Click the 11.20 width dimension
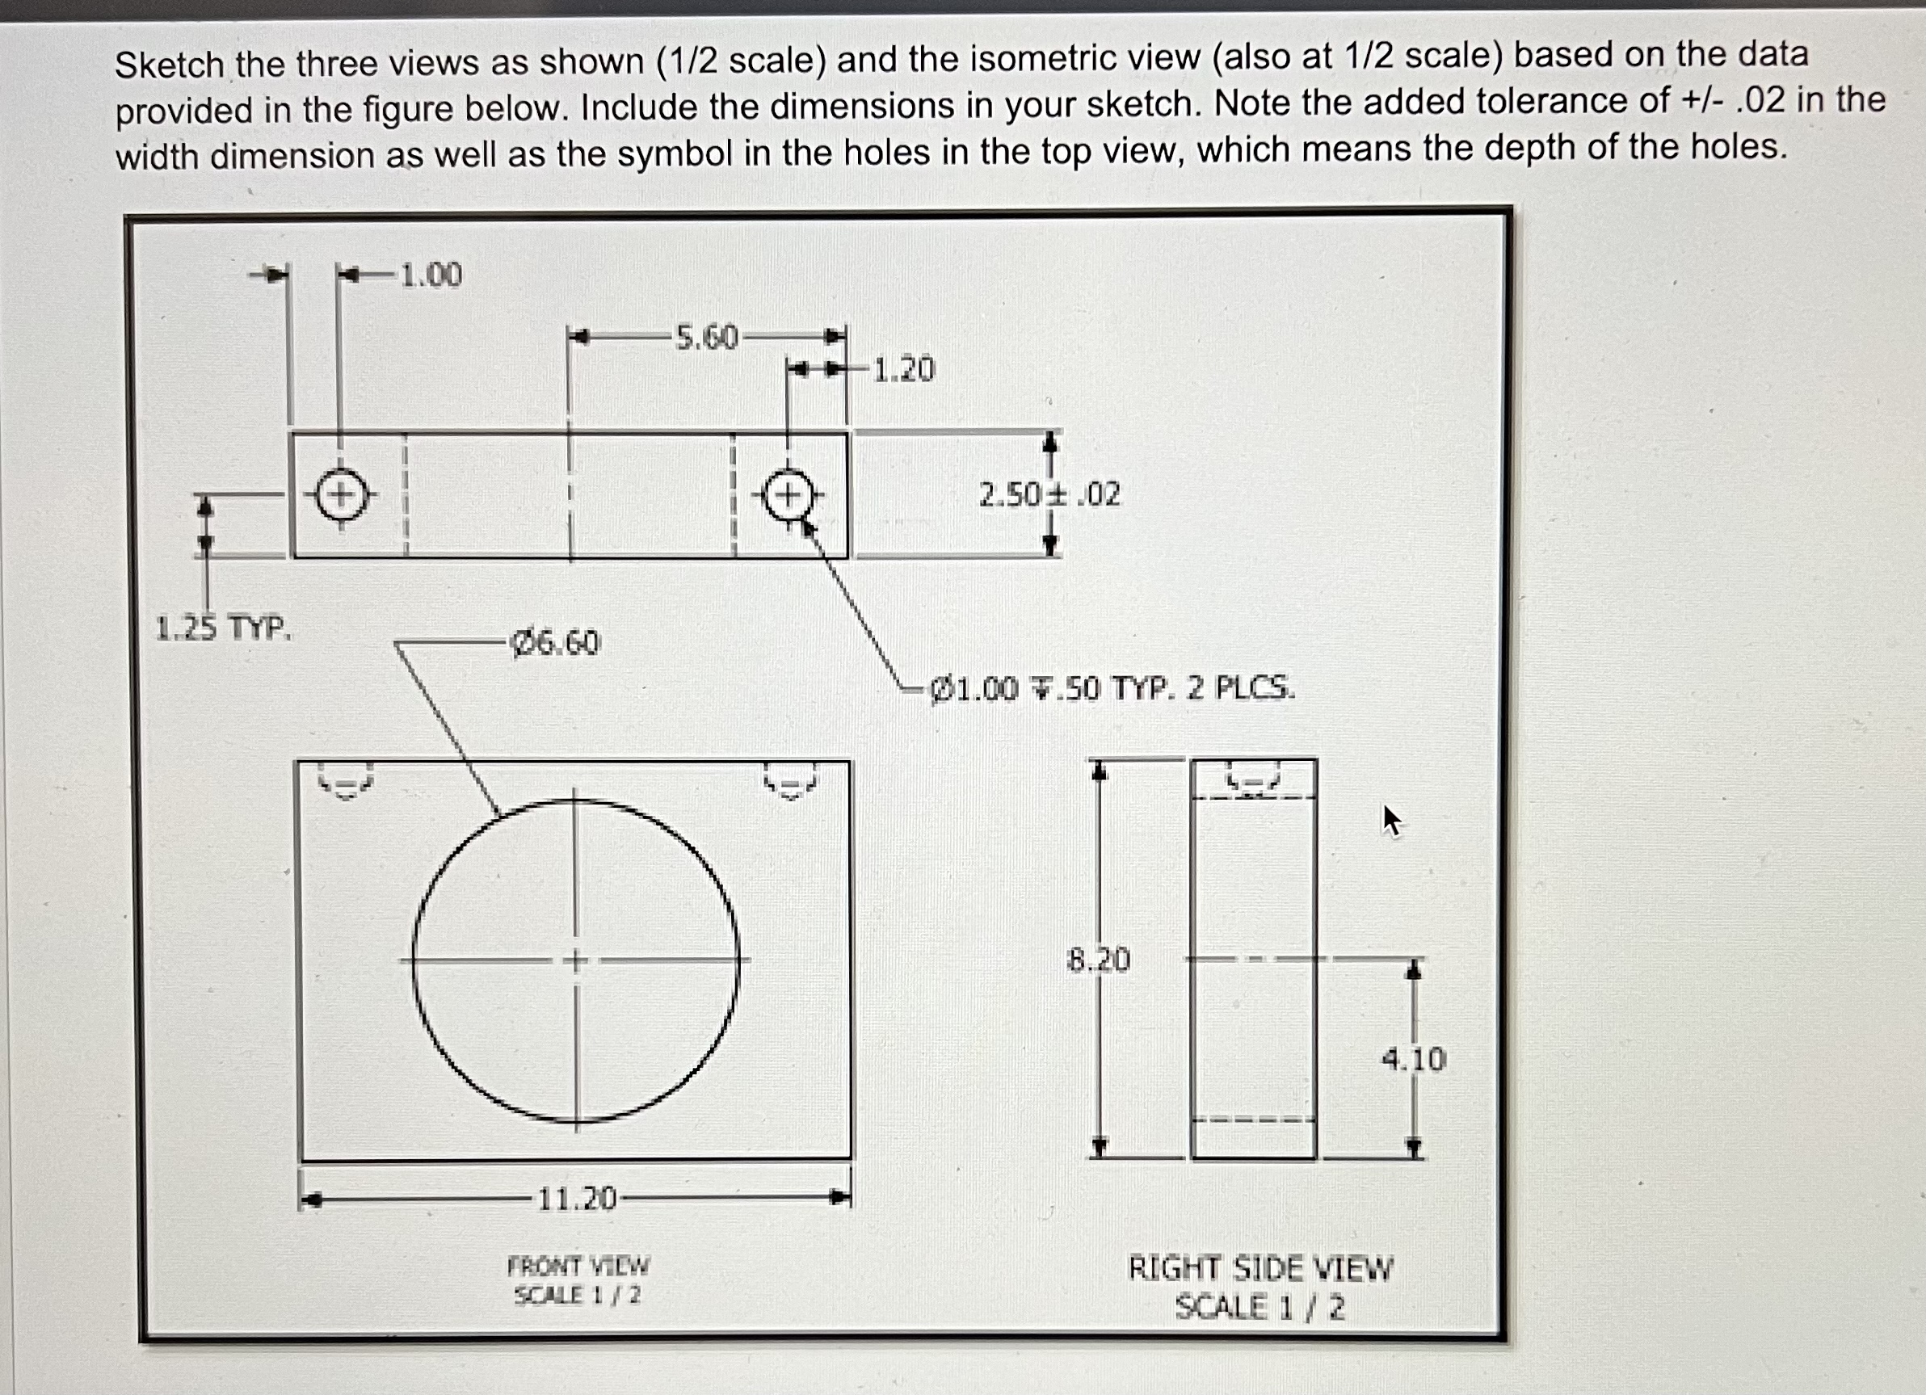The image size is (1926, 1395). coord(577,1199)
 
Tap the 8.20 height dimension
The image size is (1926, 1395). coord(1098,960)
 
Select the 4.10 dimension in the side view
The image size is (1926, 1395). coord(1413,1059)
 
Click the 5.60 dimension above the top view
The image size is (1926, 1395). coord(707,337)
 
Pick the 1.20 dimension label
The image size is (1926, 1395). coord(903,369)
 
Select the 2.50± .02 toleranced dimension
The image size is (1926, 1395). coord(1049,494)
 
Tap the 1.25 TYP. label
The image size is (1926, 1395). coord(223,628)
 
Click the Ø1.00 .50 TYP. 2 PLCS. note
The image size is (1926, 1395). coord(1112,687)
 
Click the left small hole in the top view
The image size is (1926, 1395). coord(342,495)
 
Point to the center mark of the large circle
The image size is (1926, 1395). coord(576,960)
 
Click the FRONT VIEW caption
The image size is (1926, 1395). coord(578,1266)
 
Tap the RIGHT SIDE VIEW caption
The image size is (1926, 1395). coord(1260,1268)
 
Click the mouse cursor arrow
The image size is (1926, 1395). coord(1391,820)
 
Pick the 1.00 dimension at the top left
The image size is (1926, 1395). coord(431,275)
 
